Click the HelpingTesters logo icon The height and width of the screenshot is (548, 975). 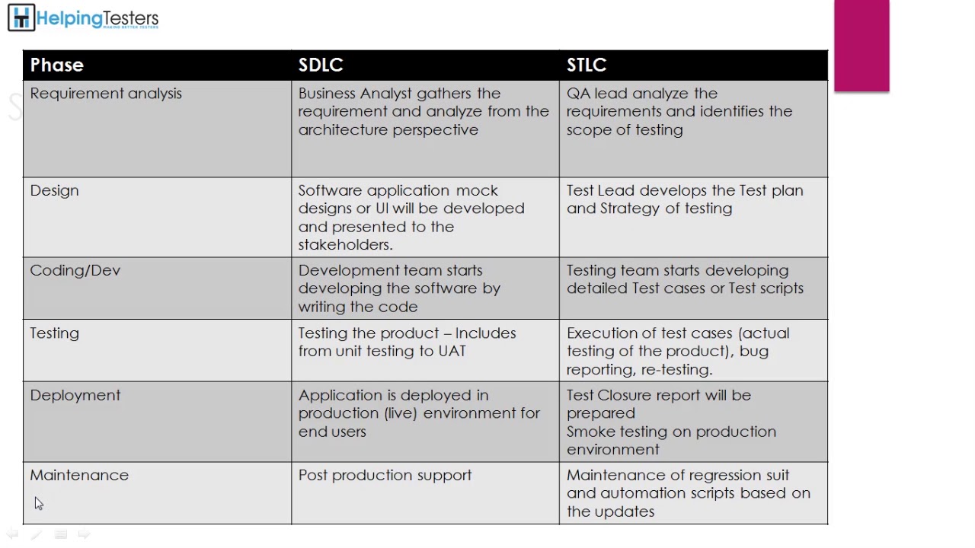coord(21,18)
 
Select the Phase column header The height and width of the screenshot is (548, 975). coord(56,65)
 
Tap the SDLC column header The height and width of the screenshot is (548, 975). coord(321,65)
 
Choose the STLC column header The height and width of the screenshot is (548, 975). coord(587,65)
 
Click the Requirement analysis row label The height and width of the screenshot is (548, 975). coord(106,94)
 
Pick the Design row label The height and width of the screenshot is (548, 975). coord(54,190)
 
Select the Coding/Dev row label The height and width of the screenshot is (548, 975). coord(75,270)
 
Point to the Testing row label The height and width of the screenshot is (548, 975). coord(54,333)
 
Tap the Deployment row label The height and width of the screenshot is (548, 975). coord(75,395)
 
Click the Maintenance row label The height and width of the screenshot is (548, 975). coord(79,475)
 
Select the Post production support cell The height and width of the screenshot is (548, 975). coord(385,475)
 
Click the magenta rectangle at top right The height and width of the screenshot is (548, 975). coord(862,46)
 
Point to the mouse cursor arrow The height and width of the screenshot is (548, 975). coord(38,502)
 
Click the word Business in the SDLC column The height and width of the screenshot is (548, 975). coord(327,94)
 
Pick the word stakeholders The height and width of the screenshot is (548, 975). coord(344,244)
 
